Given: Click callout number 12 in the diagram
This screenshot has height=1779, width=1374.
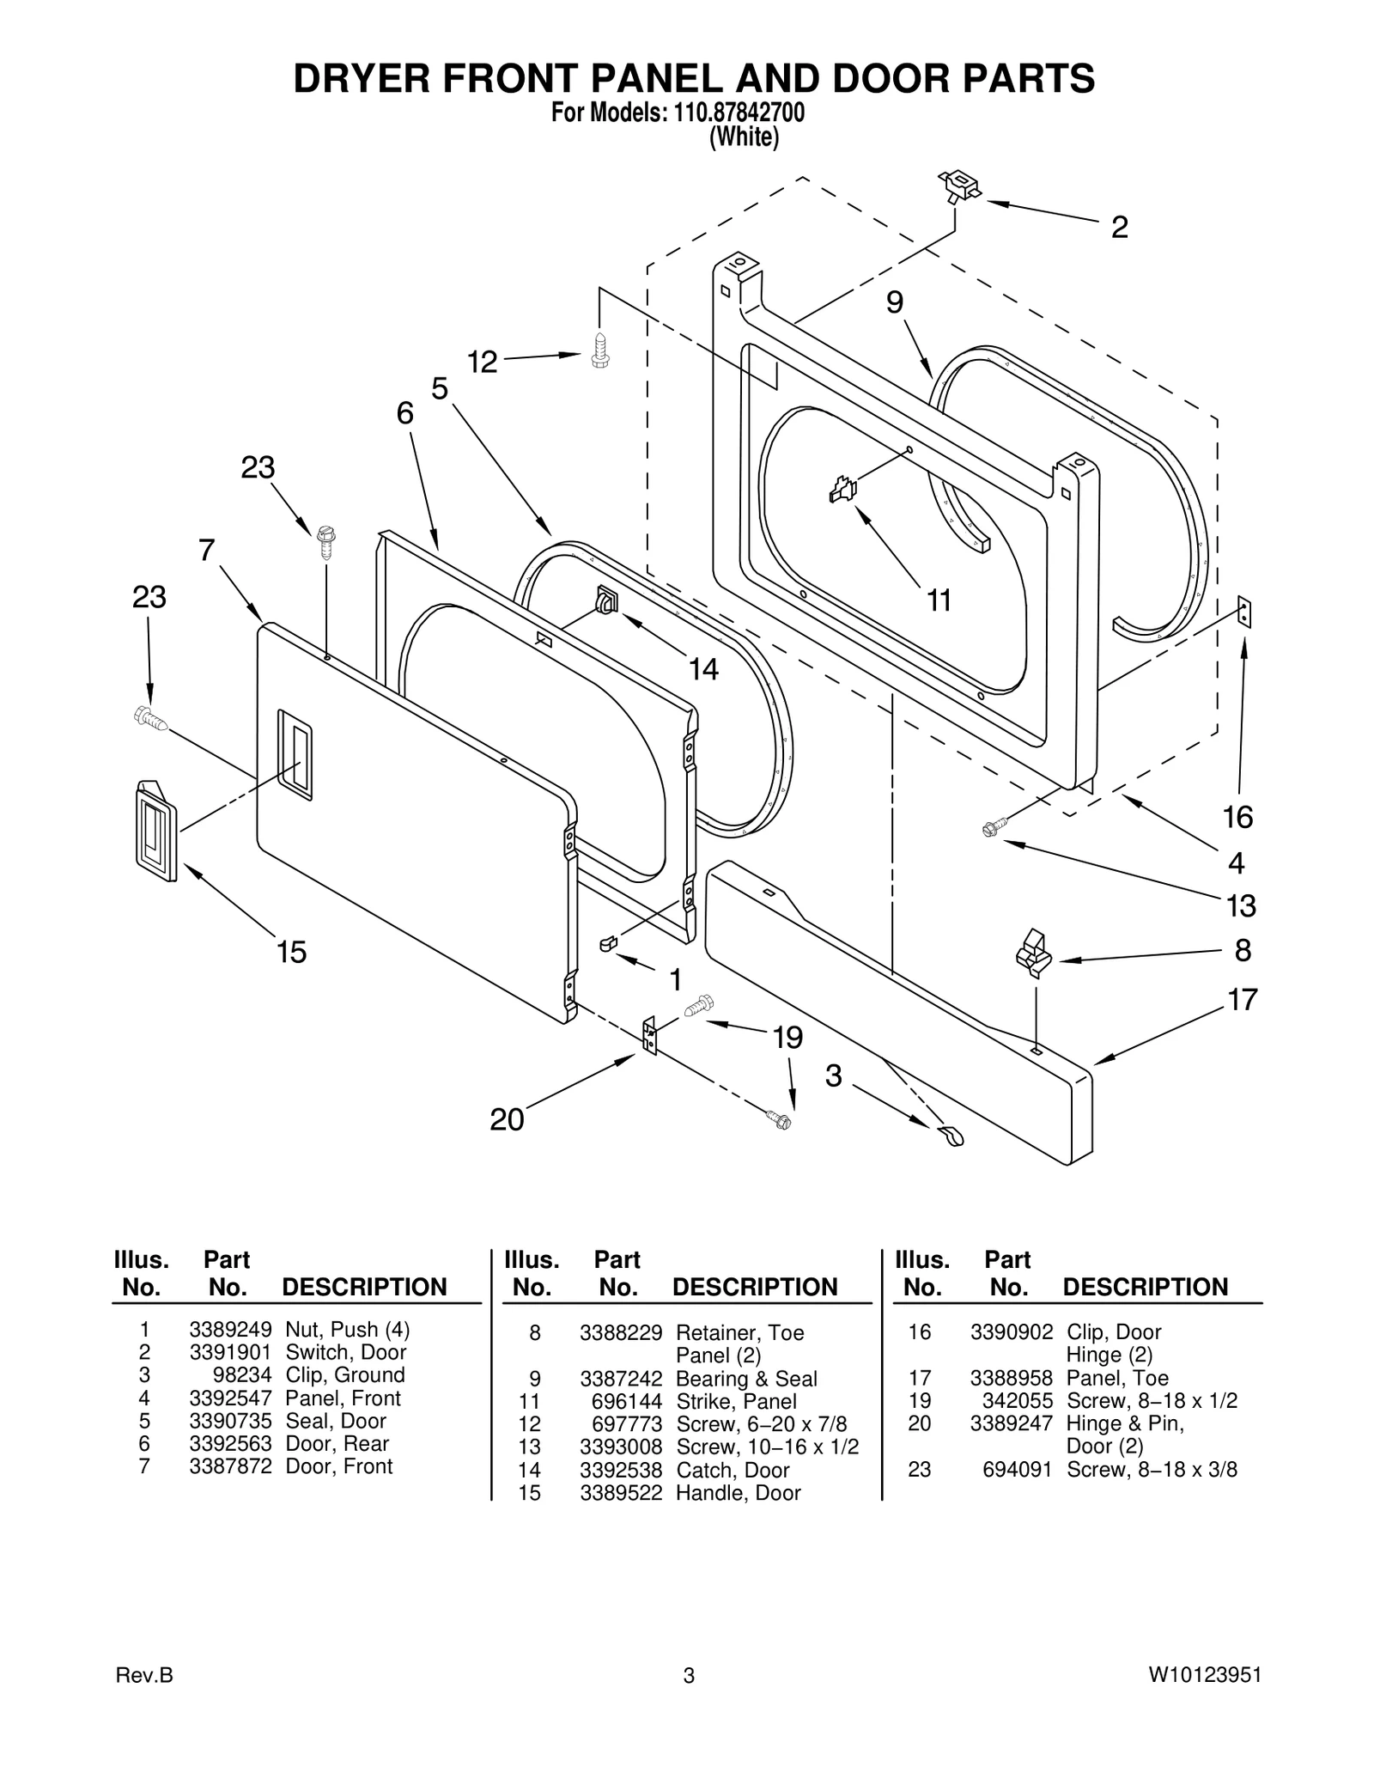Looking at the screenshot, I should coord(482,363).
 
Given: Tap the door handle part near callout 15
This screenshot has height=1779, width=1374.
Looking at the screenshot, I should coord(155,831).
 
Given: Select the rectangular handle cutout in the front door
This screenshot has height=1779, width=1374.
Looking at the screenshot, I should coord(295,755).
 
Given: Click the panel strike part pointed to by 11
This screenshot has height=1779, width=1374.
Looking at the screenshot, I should coord(842,490).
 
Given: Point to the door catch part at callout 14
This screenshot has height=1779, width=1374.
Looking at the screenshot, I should coord(605,599).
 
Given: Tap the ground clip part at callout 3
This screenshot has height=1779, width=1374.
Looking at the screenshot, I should coord(951,1136).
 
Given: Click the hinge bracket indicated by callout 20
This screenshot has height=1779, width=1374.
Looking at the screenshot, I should coord(650,1035).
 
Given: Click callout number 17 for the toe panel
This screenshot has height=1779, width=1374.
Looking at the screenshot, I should coord(1242,1000).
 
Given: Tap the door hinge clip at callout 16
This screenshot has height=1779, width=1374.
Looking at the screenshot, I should coord(1244,613).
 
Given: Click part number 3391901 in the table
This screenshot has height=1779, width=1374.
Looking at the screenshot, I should coord(230,1352).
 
